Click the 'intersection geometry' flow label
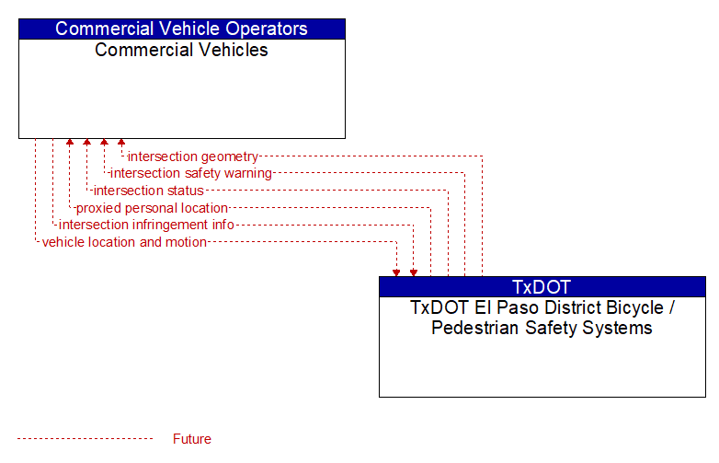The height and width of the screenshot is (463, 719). coord(193,156)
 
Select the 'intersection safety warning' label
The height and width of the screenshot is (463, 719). coord(191,173)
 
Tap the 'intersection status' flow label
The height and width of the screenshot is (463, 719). coord(149,191)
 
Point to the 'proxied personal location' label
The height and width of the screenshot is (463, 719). coord(152,208)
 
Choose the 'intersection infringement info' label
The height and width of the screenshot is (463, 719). coord(146,225)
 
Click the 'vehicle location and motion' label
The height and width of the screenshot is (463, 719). coord(124,242)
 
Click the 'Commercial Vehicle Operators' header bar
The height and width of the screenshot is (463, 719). coord(182,29)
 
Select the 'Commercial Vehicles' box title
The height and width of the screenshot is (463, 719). coord(181,50)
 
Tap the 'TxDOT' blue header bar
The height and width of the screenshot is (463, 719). coord(542,287)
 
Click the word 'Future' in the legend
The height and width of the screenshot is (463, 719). coord(192,439)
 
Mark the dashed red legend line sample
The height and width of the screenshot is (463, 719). coord(86,439)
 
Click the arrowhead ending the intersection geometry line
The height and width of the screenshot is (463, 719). coord(121,143)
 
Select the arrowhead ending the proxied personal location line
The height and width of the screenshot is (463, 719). coord(70,143)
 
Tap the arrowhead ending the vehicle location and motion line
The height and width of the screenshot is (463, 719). coord(396,273)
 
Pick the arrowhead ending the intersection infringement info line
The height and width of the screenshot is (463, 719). coord(414,273)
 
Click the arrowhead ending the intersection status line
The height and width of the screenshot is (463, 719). coord(87,143)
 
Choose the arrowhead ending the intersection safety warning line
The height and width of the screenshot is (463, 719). coord(105,143)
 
